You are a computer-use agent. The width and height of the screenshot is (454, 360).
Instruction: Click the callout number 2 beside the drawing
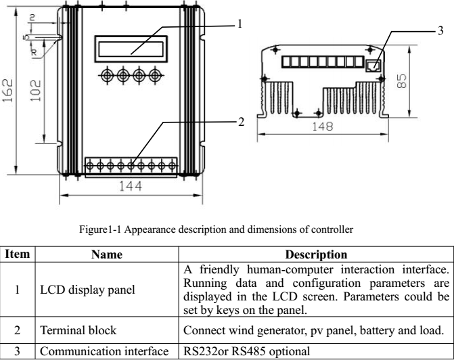pyautogui.click(x=239, y=123)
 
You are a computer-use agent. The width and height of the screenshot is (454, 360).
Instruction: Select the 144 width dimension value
pyautogui.click(x=126, y=187)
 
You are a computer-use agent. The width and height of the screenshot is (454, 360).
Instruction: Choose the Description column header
pyautogui.click(x=315, y=255)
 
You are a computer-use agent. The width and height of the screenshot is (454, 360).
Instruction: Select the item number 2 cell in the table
pyautogui.click(x=17, y=332)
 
